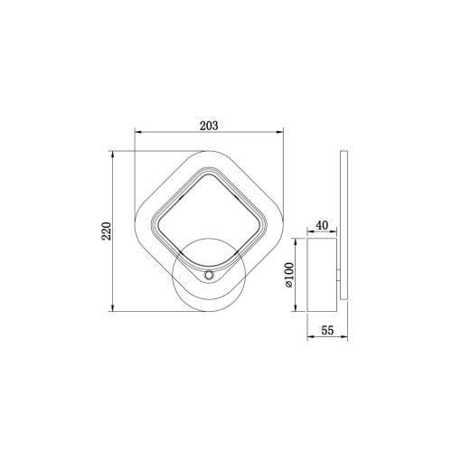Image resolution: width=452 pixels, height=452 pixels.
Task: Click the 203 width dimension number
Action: [209, 126]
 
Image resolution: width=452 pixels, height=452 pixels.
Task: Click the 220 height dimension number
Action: [107, 231]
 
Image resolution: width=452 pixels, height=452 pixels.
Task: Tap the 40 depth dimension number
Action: [322, 225]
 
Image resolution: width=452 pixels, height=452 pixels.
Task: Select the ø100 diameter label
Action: [289, 275]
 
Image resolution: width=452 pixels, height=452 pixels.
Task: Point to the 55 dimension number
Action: [327, 330]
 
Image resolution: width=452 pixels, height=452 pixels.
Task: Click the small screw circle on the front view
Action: [208, 275]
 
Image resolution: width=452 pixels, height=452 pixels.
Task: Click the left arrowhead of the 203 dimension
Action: [138, 132]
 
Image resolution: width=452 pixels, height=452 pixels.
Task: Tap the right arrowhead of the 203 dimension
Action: [280, 132]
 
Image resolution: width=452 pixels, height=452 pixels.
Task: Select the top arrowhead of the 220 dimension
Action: [113, 155]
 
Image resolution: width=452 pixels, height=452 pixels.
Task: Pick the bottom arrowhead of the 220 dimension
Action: [113, 307]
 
